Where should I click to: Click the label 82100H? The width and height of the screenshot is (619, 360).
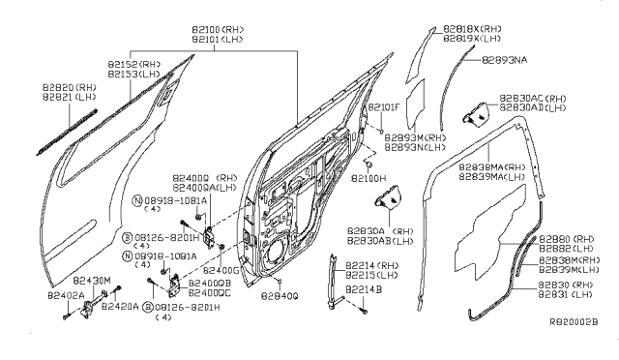pyautogui.click(x=369, y=179)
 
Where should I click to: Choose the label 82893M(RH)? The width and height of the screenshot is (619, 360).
pyautogui.click(x=413, y=137)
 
